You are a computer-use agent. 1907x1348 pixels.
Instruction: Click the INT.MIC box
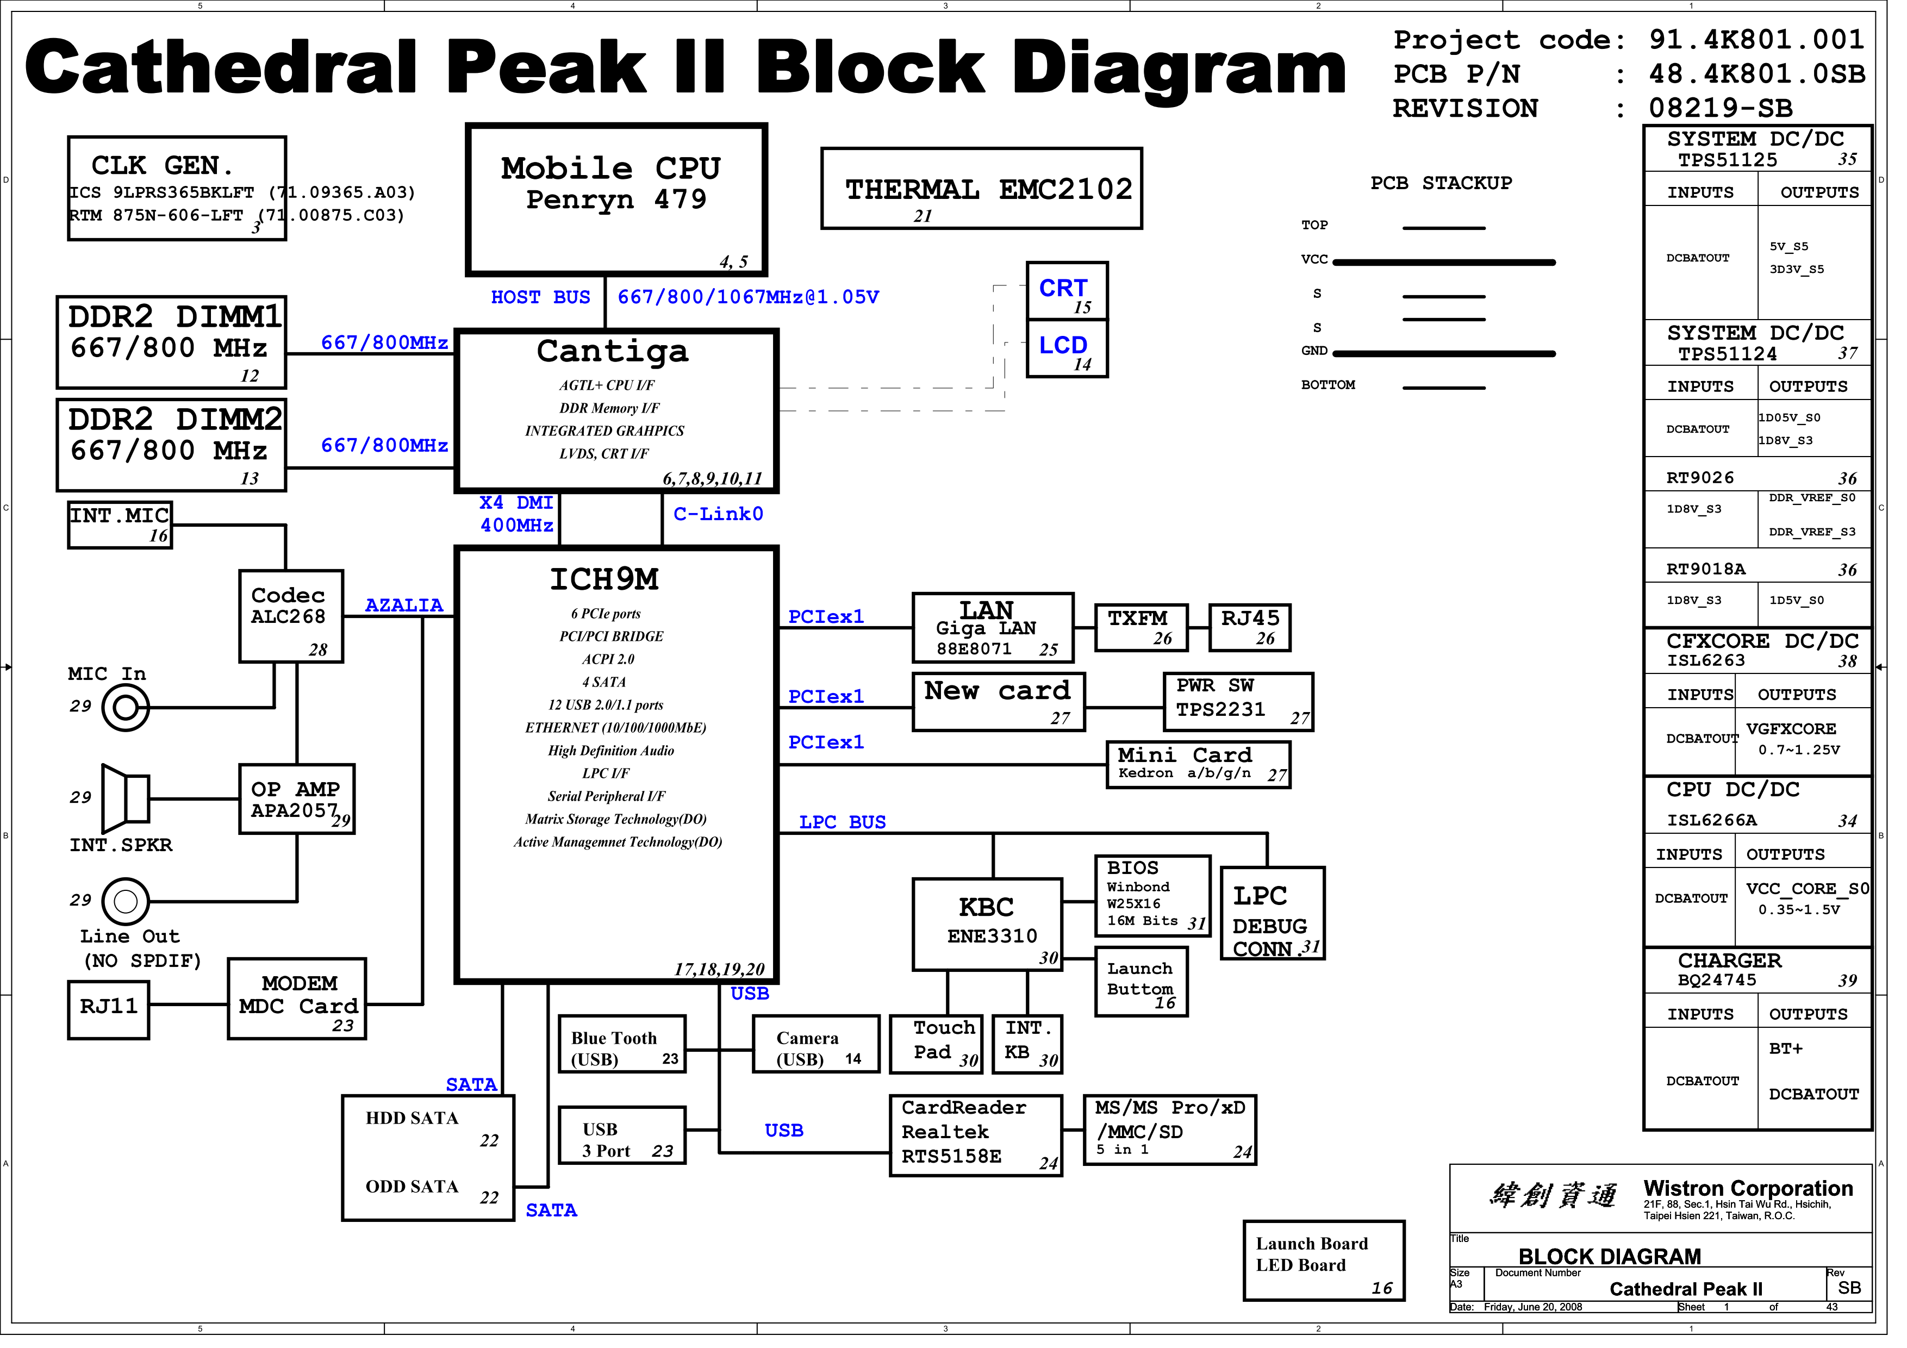tap(121, 530)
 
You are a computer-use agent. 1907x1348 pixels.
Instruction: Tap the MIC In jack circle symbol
tap(126, 715)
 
